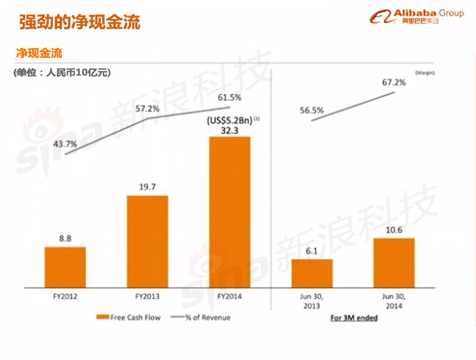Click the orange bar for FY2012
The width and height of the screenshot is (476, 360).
pos(65,267)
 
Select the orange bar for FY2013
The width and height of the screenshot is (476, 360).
pos(148,241)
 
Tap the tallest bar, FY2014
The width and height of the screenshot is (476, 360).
pos(230,212)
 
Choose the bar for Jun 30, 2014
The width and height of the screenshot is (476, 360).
pos(394,263)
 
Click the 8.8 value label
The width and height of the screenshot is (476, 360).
pos(65,238)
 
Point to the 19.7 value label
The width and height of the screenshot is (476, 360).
pos(148,187)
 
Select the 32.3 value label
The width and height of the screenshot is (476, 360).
pos(230,129)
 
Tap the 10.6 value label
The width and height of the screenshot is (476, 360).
pos(394,229)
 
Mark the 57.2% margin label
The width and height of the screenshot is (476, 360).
pos(148,109)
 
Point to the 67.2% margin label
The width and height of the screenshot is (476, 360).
pos(394,82)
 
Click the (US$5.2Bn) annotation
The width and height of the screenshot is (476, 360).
pos(230,120)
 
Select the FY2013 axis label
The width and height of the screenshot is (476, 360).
pos(148,296)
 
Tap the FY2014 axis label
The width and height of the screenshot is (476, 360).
pos(230,296)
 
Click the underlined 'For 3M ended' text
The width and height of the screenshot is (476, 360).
pos(354,318)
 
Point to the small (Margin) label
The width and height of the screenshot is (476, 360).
pos(424,71)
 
